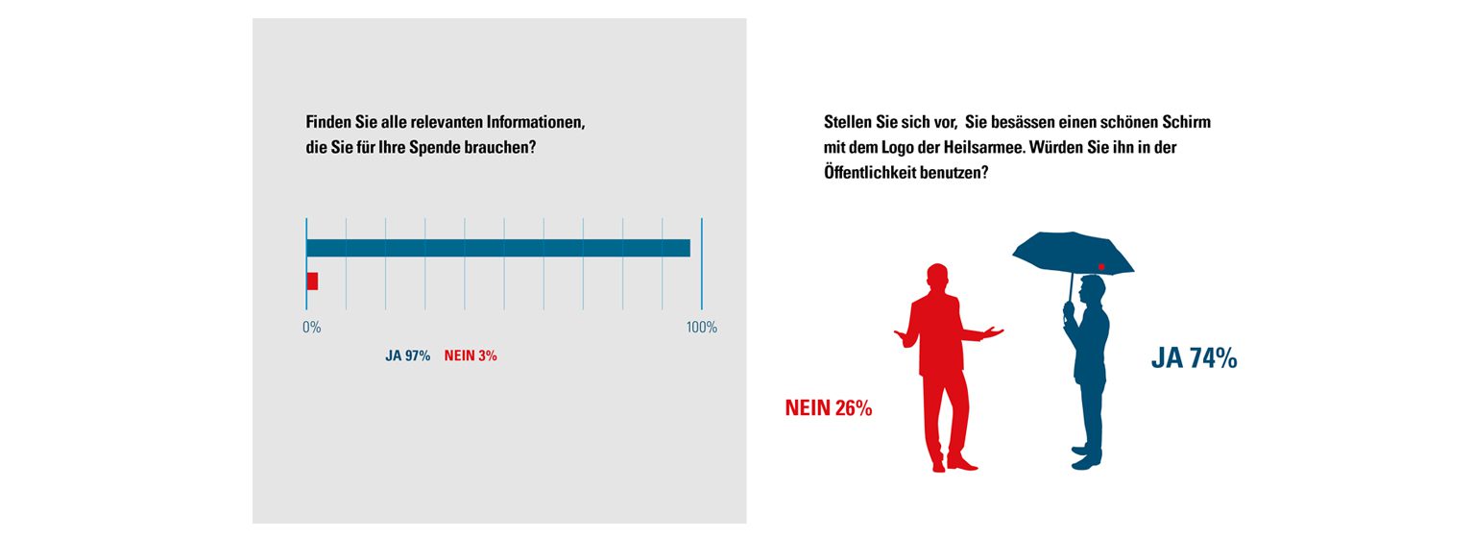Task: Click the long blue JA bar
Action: [x=497, y=248]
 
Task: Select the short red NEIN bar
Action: [x=312, y=281]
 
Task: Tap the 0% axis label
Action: [x=311, y=328]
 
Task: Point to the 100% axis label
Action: [x=701, y=328]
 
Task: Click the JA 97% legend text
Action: [x=407, y=355]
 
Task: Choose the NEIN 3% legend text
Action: [x=471, y=355]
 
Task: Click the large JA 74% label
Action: [x=1194, y=359]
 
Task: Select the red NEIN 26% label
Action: [x=828, y=407]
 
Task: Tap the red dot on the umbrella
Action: [x=1101, y=266]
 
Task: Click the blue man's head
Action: [x=1091, y=290]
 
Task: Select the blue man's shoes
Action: [x=1086, y=457]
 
